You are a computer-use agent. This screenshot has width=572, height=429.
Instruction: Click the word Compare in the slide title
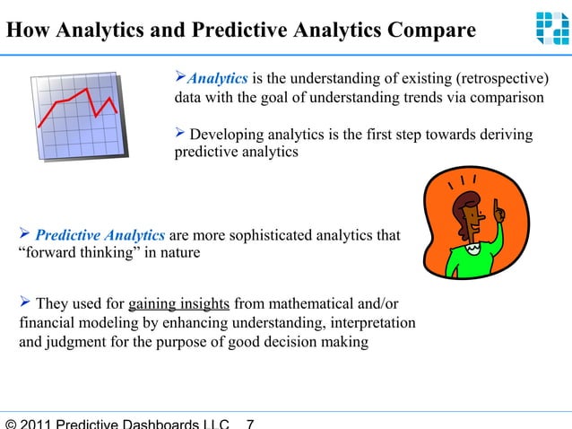[429, 31]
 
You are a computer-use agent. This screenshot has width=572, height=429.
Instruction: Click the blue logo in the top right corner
[551, 27]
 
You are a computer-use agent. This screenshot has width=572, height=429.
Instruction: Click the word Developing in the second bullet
[228, 135]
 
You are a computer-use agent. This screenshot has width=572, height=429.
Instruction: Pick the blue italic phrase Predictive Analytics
[100, 235]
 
